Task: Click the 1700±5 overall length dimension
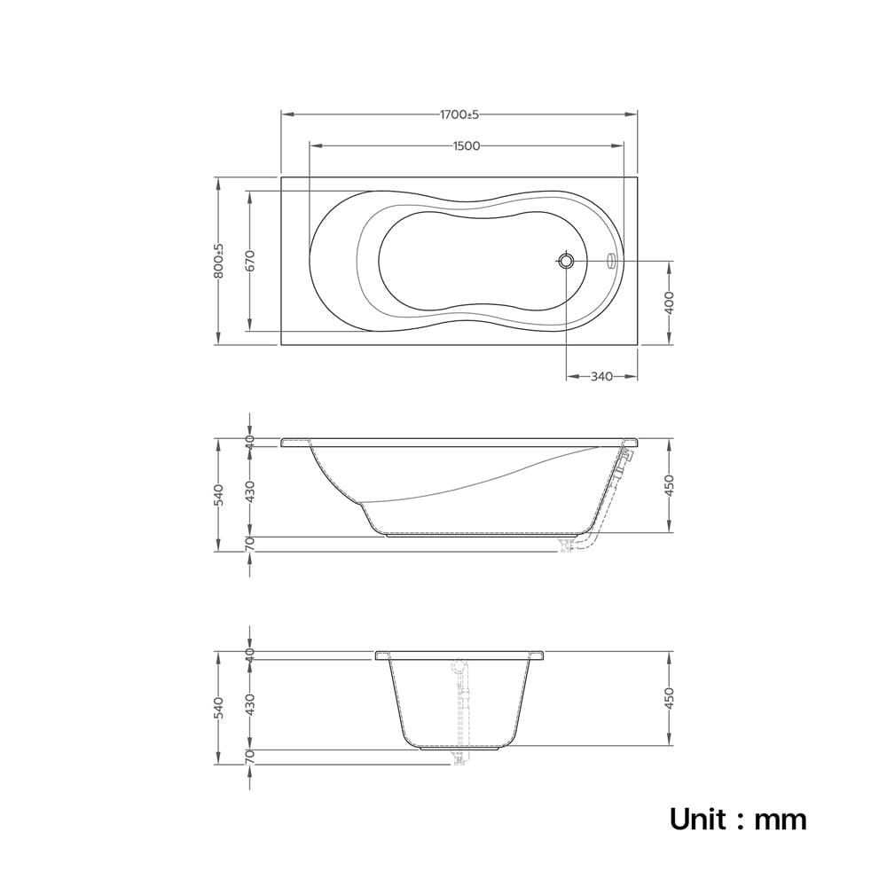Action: (459, 114)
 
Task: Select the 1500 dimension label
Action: (467, 146)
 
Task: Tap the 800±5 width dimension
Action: (219, 261)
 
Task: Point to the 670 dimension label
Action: (251, 261)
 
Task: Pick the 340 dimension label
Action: (601, 376)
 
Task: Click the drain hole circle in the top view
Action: (566, 261)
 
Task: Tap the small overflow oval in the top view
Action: (610, 261)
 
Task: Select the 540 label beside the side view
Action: (219, 495)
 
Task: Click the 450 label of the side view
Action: (669, 485)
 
